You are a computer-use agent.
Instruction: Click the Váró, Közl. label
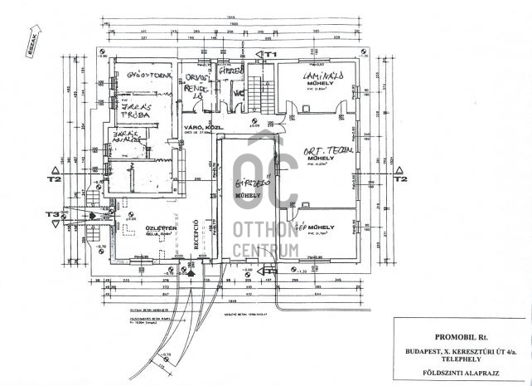click(198, 127)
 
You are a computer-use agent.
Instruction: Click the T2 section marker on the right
click(401, 177)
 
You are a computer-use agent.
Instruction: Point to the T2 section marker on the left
click(56, 177)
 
